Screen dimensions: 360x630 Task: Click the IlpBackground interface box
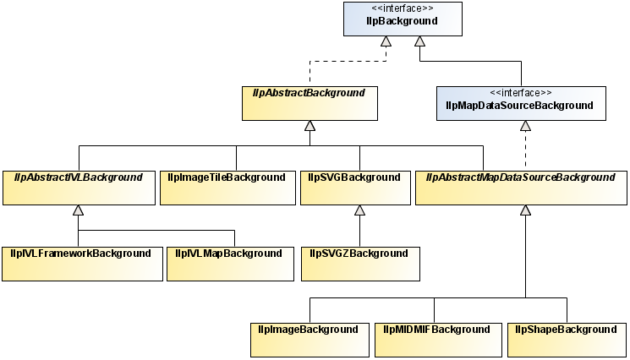tap(403, 19)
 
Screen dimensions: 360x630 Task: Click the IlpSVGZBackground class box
tap(359, 263)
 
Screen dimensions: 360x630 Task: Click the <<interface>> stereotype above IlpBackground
tap(403, 8)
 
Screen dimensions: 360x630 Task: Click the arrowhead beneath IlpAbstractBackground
tap(310, 125)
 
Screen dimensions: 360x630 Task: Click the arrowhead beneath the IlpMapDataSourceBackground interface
tap(525, 125)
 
